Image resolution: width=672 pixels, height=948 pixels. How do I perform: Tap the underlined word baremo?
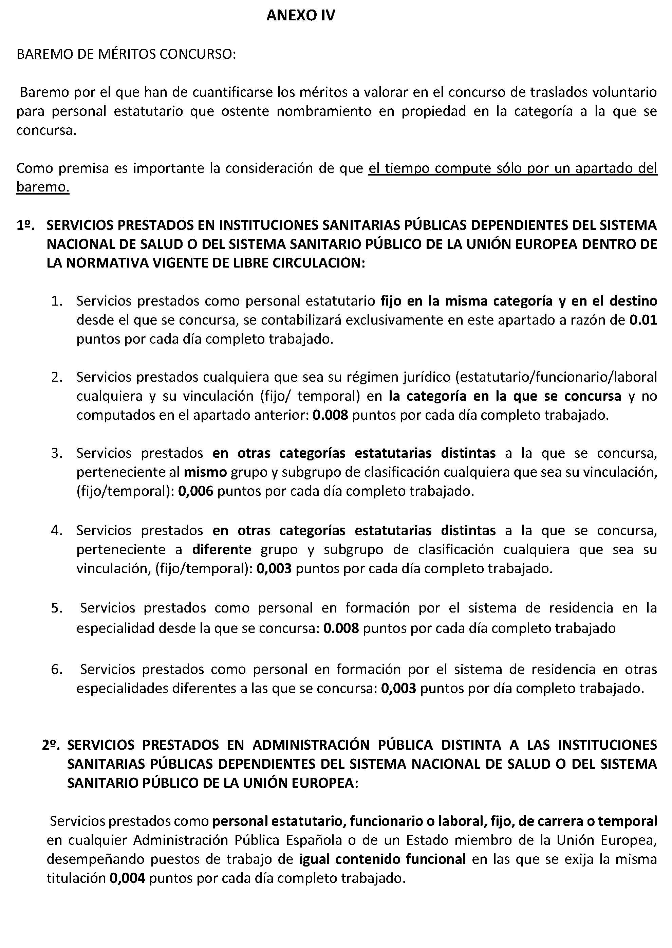[x=43, y=187]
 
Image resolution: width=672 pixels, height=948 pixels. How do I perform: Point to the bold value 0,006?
[x=195, y=491]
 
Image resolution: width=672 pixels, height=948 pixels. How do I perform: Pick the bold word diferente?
[x=221, y=549]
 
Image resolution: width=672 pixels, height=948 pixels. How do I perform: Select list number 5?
[x=57, y=608]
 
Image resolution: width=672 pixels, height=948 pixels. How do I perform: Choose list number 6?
[x=57, y=669]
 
